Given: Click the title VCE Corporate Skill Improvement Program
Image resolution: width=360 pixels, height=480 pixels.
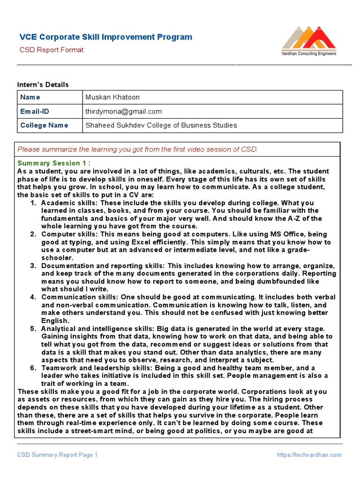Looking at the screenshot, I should pos(105,37).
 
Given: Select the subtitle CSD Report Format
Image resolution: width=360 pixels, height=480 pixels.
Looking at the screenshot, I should pos(52,50).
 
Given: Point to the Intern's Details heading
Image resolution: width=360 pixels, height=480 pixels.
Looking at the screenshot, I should pos(43,84).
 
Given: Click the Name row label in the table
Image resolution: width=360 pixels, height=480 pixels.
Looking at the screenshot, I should pos(30,97).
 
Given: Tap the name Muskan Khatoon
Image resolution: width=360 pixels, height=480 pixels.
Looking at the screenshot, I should pos(112,97).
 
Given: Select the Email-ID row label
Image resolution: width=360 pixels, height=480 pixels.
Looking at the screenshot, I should pos(34,111).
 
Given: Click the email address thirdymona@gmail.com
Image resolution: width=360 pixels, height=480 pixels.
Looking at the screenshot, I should pos(124,111).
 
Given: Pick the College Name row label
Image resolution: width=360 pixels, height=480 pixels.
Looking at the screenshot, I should pos(44,125).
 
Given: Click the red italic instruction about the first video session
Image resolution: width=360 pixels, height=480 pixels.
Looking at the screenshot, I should pos(137,150).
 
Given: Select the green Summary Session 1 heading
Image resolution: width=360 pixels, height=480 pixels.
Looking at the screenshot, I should pos(54,163).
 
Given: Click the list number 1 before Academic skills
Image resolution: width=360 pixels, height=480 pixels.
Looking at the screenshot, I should pos(33,203).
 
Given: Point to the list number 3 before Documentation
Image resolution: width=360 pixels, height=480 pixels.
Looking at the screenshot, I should pos(33,266).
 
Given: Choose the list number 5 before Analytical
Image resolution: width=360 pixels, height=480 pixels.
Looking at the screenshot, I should pos(33,329).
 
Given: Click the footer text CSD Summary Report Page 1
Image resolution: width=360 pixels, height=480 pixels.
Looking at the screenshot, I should pos(58,455).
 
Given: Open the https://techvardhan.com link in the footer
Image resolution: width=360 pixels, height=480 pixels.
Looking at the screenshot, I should pos(309,455).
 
